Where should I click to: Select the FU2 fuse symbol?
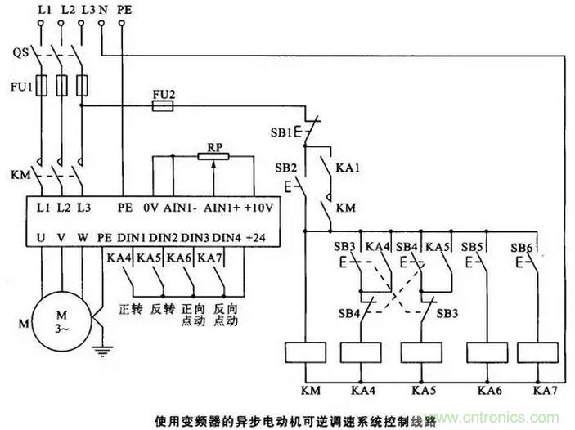tap(164, 106)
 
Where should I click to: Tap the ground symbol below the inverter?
tap(101, 354)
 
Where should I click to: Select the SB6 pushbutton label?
tap(521, 246)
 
